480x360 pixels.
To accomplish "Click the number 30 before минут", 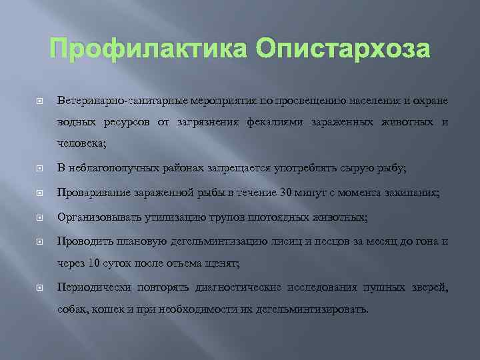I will [287, 193].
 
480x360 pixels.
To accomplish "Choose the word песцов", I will [331, 241].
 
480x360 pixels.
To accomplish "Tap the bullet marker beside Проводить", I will [39, 241].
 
